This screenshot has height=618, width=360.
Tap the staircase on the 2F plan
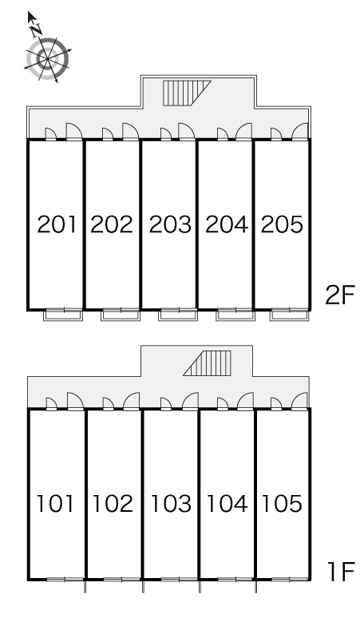pyautogui.click(x=185, y=93)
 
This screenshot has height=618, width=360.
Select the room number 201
pyautogui.click(x=57, y=224)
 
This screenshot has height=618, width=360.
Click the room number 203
pyautogui.click(x=170, y=224)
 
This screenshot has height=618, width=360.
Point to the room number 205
pyautogui.click(x=282, y=224)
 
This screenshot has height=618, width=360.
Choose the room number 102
pyautogui.click(x=113, y=504)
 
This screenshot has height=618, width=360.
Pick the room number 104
pyautogui.click(x=227, y=504)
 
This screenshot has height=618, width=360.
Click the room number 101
pyautogui.click(x=55, y=504)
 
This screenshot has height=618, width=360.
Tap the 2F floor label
pyautogui.click(x=340, y=295)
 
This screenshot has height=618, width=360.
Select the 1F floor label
pyautogui.click(x=341, y=572)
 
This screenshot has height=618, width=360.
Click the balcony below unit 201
pyautogui.click(x=63, y=315)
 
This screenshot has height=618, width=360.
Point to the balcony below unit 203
pyautogui.click(x=178, y=315)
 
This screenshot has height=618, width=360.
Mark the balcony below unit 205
pyautogui.click(x=290, y=315)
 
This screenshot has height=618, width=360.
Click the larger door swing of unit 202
pyautogui.click(x=131, y=131)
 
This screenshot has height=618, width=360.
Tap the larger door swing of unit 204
pyautogui.click(x=244, y=131)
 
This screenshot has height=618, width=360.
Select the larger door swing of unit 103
pyautogui.click(x=191, y=402)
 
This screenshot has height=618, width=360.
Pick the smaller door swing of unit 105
pyautogui.click(x=276, y=404)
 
